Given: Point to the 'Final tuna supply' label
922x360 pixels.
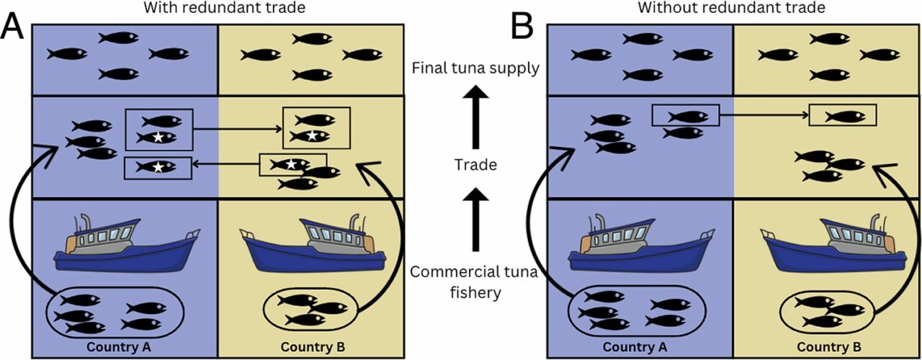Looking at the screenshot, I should click(x=475, y=69).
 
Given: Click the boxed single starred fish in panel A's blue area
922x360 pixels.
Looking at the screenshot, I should click(x=158, y=167).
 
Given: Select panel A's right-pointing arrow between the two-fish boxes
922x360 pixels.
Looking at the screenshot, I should click(x=237, y=130).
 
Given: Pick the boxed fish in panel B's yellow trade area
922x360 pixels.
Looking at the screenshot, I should click(x=843, y=115).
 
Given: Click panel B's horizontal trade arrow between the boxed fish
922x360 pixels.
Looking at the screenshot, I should click(x=764, y=114).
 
